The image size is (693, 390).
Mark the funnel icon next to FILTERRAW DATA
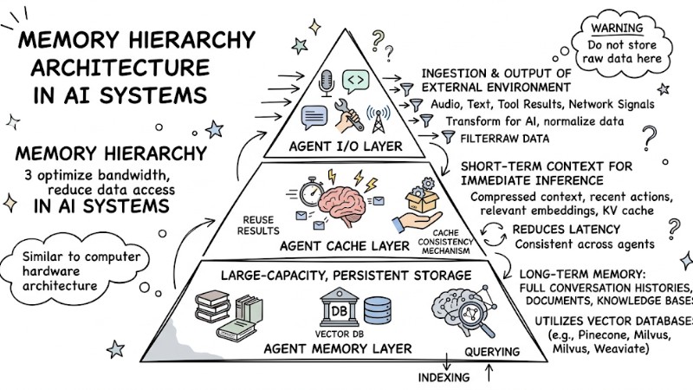tap(448, 136)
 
